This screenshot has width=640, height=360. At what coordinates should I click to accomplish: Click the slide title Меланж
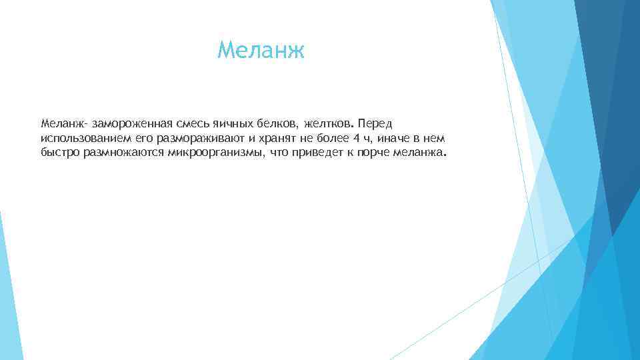click(x=261, y=50)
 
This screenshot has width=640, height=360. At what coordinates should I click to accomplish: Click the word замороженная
click(x=129, y=124)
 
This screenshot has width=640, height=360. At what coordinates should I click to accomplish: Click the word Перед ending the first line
click(x=376, y=124)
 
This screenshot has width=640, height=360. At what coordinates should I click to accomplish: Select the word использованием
click(x=80, y=138)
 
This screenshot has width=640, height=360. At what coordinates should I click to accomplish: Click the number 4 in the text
click(x=355, y=138)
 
